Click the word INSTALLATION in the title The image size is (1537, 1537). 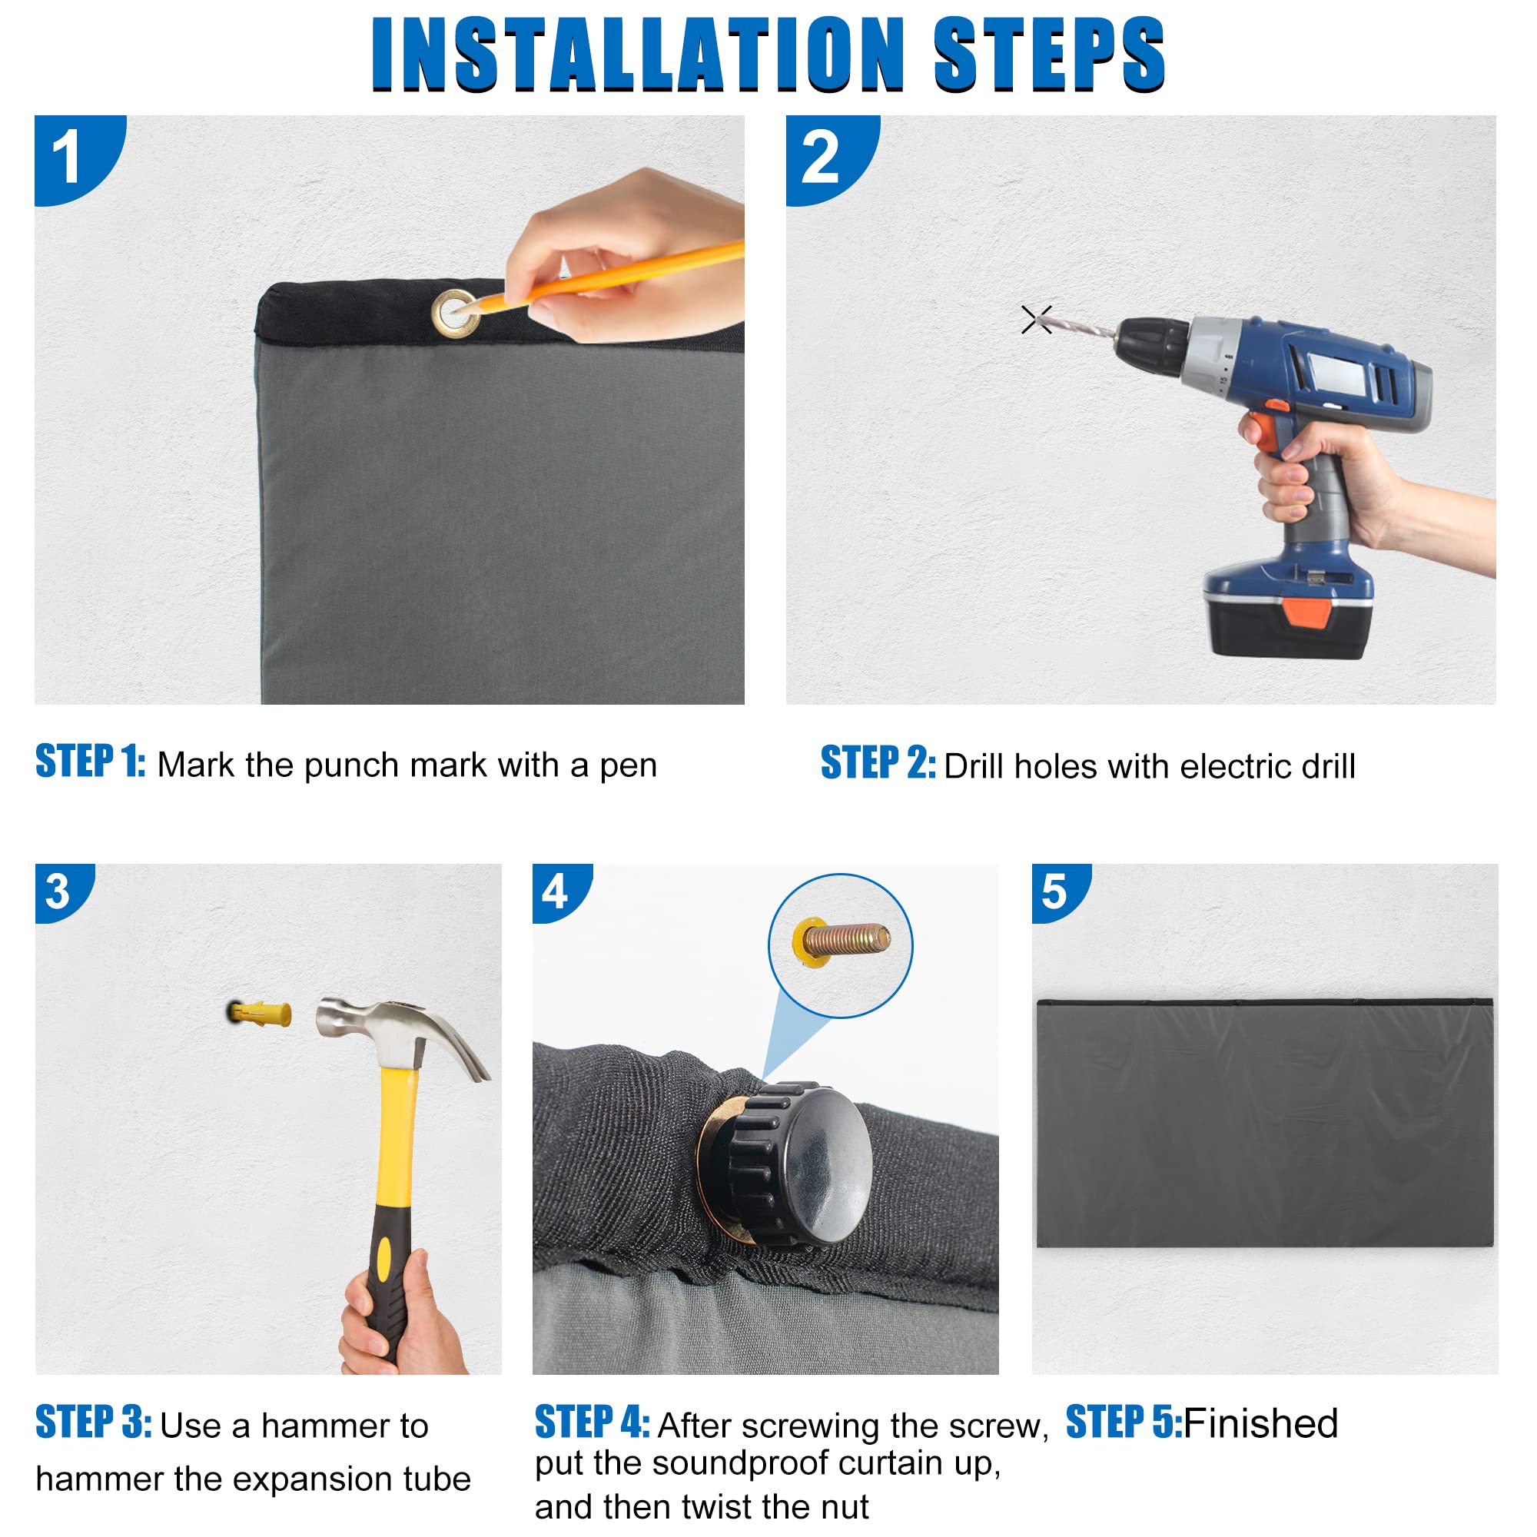[639, 54]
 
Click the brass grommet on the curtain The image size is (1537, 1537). [456, 314]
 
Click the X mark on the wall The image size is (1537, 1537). [1037, 320]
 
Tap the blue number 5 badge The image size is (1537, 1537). [1061, 892]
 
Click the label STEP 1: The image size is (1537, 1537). [90, 762]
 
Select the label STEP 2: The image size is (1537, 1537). [878, 763]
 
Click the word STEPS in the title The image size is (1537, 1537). [1049, 54]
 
